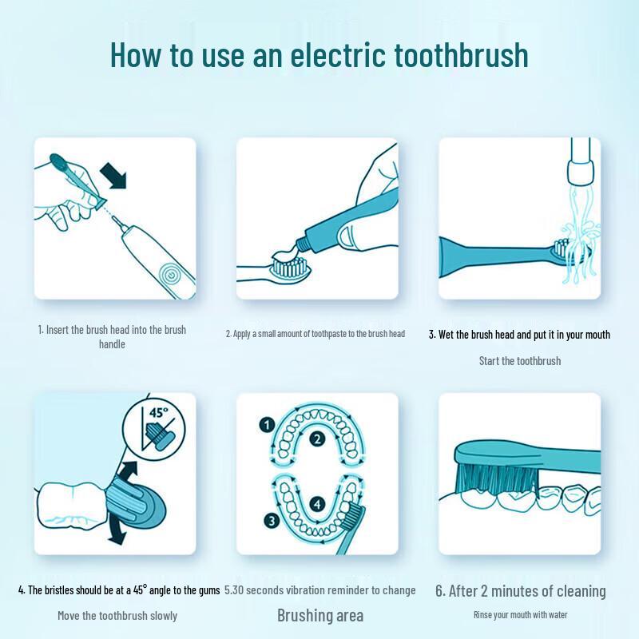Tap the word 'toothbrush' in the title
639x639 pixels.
point(461,56)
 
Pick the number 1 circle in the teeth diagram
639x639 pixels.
point(267,425)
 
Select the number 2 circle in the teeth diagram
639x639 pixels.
point(317,439)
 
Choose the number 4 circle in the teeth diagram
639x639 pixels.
point(317,504)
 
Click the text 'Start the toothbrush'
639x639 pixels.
point(520,361)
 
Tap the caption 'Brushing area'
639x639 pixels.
point(320,615)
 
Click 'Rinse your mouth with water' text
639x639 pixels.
point(520,614)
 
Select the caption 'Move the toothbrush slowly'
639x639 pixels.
point(117,616)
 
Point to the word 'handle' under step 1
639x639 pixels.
point(112,344)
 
